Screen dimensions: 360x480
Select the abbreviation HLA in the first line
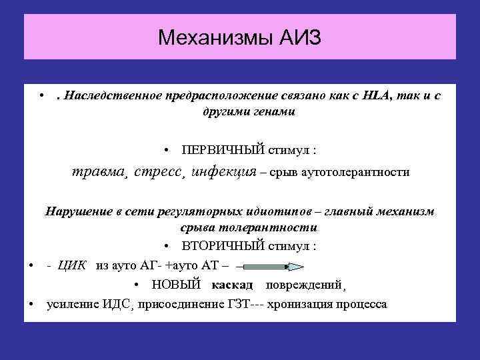click(381, 96)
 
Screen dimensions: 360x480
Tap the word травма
click(100, 172)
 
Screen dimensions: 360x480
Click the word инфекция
click(223, 172)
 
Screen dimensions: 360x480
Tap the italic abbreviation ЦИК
click(73, 265)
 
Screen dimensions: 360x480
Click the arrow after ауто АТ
click(270, 267)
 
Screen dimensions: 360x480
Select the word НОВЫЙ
click(176, 285)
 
